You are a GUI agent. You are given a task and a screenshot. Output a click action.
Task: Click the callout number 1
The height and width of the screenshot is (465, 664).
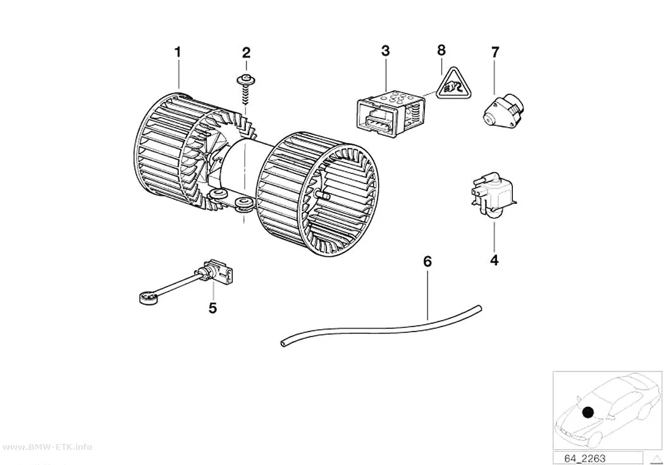(178, 53)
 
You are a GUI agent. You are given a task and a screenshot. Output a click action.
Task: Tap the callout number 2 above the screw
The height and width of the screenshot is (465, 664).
(246, 53)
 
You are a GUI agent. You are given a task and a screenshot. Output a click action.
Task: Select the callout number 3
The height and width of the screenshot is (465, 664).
(385, 51)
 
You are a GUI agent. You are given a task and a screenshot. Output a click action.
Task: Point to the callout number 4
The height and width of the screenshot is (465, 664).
(494, 260)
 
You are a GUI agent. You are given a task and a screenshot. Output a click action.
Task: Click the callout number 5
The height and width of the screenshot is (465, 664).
(212, 308)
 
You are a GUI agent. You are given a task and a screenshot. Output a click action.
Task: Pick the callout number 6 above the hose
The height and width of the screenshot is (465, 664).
(427, 262)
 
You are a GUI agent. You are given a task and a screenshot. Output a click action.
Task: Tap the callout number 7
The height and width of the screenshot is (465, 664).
(495, 53)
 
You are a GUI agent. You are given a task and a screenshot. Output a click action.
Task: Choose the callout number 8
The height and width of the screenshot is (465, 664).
(441, 51)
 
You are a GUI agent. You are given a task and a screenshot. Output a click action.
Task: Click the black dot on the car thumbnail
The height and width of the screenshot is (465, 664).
(587, 412)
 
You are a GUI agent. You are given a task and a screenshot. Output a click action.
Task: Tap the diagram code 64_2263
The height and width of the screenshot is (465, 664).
(584, 459)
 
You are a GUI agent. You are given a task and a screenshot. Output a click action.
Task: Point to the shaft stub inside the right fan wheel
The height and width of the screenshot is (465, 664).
(323, 195)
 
